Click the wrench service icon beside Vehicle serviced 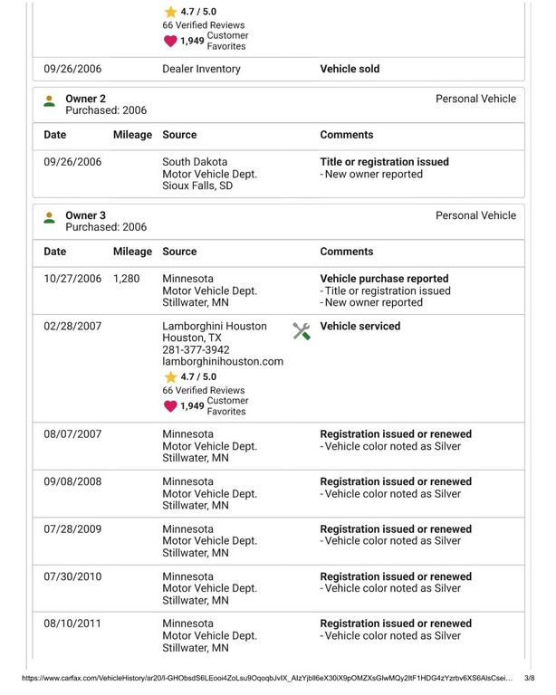(x=302, y=331)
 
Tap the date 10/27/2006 (x=72, y=279)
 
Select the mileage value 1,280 (x=127, y=279)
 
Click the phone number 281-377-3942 (x=196, y=350)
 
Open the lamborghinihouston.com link (x=223, y=362)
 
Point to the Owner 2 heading (x=86, y=99)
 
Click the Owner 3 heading (x=86, y=215)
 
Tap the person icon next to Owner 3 (x=49, y=217)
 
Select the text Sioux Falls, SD (x=197, y=186)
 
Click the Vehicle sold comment (x=350, y=69)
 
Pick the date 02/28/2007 (x=72, y=327)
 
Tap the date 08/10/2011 (x=72, y=624)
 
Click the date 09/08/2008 (x=72, y=481)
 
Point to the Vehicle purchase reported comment (x=384, y=279)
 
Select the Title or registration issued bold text (x=384, y=162)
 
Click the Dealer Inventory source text (x=201, y=69)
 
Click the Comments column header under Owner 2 (x=347, y=135)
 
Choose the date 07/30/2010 (x=72, y=576)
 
